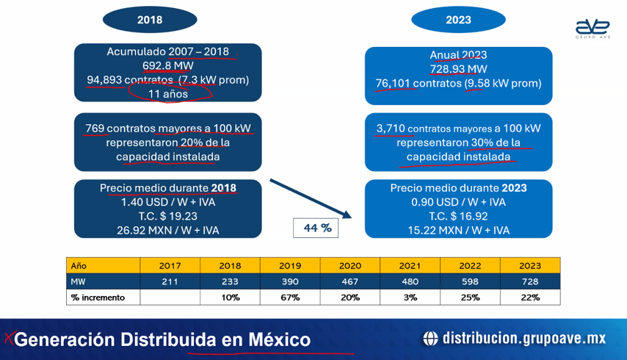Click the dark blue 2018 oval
(x=150, y=20)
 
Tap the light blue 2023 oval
(x=458, y=20)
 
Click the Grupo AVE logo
(x=592, y=29)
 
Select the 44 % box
(x=316, y=228)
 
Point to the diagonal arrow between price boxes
(x=311, y=199)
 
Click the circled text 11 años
(x=168, y=94)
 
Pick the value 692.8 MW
(x=168, y=65)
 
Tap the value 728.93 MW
(x=458, y=69)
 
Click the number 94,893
(x=104, y=79)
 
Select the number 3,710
(x=391, y=129)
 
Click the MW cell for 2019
(x=290, y=281)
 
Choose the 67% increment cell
(x=290, y=298)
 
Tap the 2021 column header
(x=410, y=266)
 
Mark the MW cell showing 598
(x=470, y=281)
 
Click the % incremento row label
(x=98, y=298)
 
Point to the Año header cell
(x=104, y=266)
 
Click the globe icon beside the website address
(x=430, y=339)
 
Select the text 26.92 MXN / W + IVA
(x=168, y=231)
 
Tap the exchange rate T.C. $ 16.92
(x=458, y=217)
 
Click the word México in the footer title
(x=280, y=339)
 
